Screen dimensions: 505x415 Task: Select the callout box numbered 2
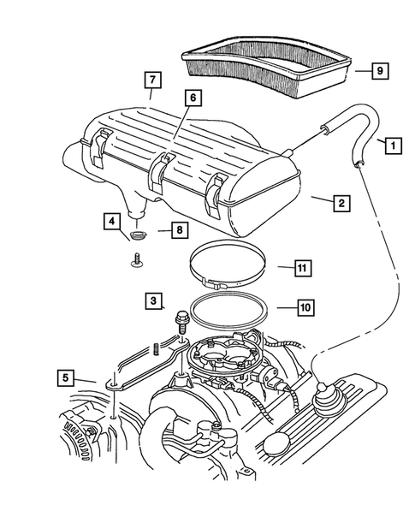(340, 203)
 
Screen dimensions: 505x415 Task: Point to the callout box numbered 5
(64, 376)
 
